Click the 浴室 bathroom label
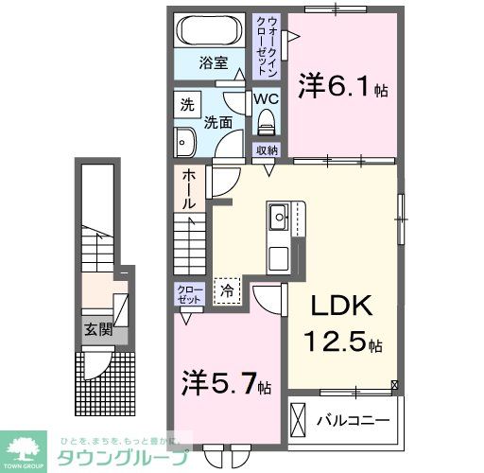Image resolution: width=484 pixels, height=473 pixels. click(213, 63)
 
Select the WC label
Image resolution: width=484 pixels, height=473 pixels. click(264, 97)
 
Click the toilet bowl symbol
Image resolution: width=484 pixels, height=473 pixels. click(265, 121)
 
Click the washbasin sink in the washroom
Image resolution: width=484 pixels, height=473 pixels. click(182, 143)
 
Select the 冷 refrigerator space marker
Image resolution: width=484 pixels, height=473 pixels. click(227, 291)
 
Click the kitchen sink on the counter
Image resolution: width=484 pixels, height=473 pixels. click(281, 219)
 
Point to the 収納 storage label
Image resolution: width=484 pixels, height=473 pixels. click(267, 150)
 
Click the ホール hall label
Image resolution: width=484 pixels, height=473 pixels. click(188, 188)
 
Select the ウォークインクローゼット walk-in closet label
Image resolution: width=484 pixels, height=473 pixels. click(268, 47)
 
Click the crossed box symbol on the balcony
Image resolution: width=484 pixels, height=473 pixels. click(299, 417)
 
